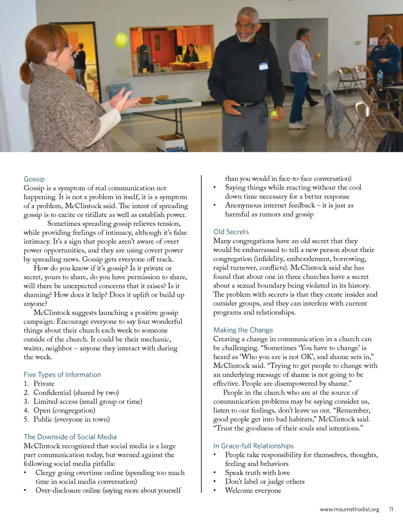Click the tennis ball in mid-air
[x=121, y=41]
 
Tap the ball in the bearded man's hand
[x=274, y=113]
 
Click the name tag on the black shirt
[x=263, y=66]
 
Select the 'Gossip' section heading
[x=34, y=179]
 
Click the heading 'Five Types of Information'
[x=62, y=375]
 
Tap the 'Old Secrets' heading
[x=231, y=232]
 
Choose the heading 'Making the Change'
[x=243, y=330]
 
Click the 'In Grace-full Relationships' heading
[x=254, y=446]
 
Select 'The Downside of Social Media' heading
[x=70, y=437]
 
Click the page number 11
[x=391, y=509]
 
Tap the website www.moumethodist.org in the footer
[x=349, y=509]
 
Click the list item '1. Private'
[x=39, y=383]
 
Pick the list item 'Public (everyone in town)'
[x=71, y=419]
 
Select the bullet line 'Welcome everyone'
[x=253, y=490]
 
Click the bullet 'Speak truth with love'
[x=257, y=472]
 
